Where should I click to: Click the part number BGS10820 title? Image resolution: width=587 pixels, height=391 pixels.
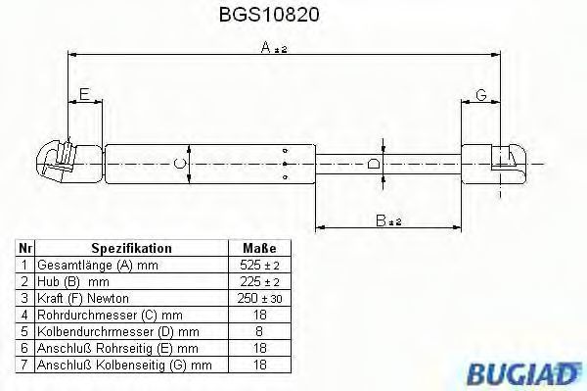pyautogui.click(x=269, y=15)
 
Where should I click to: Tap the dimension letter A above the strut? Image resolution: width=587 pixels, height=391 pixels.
pyautogui.click(x=265, y=47)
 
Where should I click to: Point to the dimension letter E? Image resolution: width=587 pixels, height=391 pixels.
pyautogui.click(x=84, y=94)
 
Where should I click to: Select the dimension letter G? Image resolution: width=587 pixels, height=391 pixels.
pyautogui.click(x=481, y=95)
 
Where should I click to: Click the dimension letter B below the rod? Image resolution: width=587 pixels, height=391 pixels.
pyautogui.click(x=381, y=220)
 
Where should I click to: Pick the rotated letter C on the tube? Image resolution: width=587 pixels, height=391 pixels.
pyautogui.click(x=180, y=164)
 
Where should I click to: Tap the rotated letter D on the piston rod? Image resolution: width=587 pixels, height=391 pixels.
pyautogui.click(x=374, y=164)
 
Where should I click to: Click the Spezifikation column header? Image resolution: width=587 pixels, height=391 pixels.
pyautogui.click(x=131, y=248)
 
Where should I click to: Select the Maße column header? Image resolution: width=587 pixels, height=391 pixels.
pyautogui.click(x=259, y=248)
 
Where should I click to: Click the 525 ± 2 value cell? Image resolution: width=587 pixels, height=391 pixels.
pyautogui.click(x=259, y=265)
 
